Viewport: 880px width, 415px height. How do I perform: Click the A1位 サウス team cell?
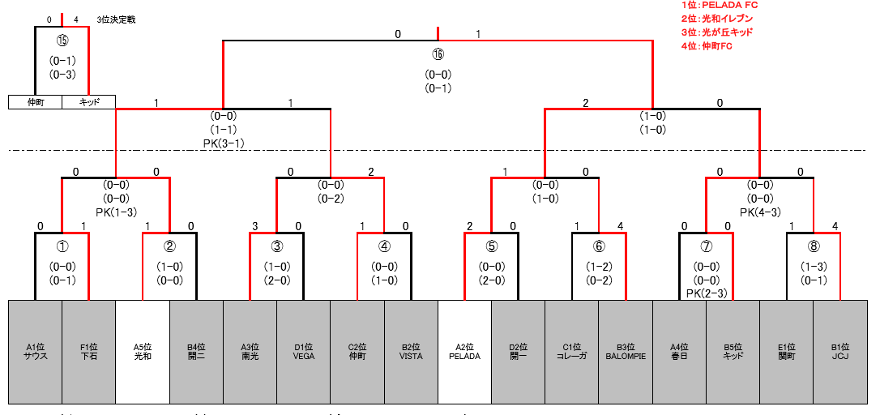(x=36, y=352)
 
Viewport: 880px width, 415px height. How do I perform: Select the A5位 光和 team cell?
(x=143, y=352)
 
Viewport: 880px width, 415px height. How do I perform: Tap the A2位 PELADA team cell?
(x=464, y=352)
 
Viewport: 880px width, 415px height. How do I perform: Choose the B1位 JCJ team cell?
(x=839, y=352)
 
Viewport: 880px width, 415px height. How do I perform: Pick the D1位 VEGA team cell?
(x=304, y=352)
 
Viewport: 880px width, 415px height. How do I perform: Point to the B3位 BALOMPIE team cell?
(x=626, y=352)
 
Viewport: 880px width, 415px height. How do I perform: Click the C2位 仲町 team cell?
(x=357, y=352)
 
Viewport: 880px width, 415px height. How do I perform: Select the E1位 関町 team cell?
(x=786, y=352)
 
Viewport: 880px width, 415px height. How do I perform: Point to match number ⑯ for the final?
(x=438, y=54)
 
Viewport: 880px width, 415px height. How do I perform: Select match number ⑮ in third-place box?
(x=62, y=40)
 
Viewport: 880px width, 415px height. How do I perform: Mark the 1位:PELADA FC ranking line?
(x=709, y=6)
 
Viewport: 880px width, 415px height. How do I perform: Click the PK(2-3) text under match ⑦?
(x=706, y=293)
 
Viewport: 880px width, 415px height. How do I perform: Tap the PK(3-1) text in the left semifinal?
(x=224, y=143)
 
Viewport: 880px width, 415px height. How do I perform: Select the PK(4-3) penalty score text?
(x=759, y=212)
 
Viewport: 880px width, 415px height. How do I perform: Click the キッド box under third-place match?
(x=88, y=102)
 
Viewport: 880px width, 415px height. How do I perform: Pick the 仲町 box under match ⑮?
(x=35, y=102)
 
